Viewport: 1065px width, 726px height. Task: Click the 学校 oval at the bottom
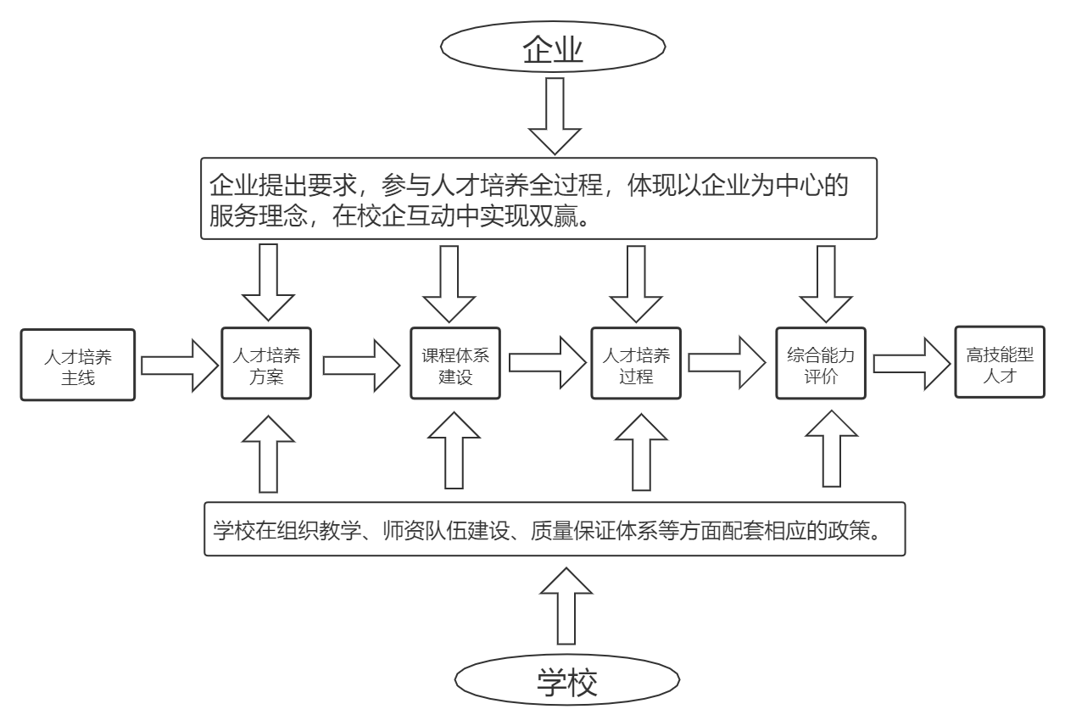tap(566, 681)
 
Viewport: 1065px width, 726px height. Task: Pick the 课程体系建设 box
tap(456, 363)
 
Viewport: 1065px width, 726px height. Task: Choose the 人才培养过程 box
tap(636, 363)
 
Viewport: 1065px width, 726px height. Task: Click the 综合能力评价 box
tap(821, 363)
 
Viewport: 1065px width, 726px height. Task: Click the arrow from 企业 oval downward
tap(555, 115)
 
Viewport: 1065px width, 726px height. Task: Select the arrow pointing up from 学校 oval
tap(566, 606)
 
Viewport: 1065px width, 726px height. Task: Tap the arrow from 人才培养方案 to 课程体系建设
tap(360, 365)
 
